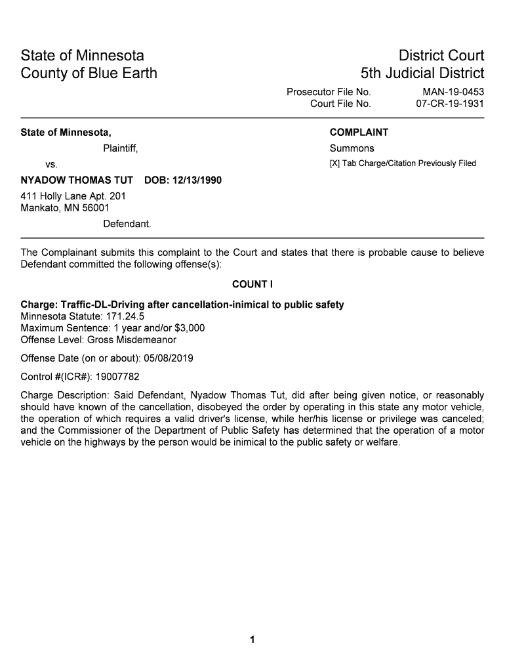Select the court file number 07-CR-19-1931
tap(450, 104)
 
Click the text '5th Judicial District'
tap(422, 73)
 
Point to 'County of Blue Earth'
tap(89, 73)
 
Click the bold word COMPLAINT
tap(359, 133)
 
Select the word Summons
tap(352, 148)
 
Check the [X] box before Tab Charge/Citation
tap(334, 163)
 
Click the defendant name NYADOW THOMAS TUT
tap(77, 180)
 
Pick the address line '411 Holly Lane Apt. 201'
tap(73, 196)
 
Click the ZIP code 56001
tap(95, 208)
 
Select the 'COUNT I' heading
tap(252, 284)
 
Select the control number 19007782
tap(117, 377)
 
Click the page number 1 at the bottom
tap(253, 640)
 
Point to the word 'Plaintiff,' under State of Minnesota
tap(120, 148)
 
